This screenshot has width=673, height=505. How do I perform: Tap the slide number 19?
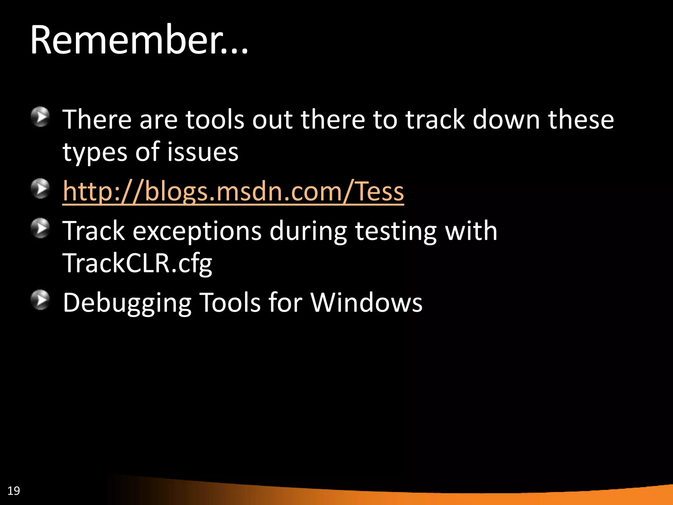click(13, 491)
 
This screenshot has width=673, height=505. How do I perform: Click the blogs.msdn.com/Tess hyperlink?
click(233, 191)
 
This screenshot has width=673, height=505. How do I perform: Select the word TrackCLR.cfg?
click(137, 263)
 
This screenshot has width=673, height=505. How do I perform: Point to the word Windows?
click(366, 302)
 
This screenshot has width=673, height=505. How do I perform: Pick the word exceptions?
click(197, 231)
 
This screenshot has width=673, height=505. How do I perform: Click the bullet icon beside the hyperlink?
click(40, 188)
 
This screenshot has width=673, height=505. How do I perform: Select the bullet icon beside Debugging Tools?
click(40, 300)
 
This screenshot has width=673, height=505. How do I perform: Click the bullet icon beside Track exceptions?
click(40, 228)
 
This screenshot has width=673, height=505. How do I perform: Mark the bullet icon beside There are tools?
click(40, 116)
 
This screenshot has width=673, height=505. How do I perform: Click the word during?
click(308, 231)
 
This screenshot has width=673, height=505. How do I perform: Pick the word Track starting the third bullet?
click(94, 231)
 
